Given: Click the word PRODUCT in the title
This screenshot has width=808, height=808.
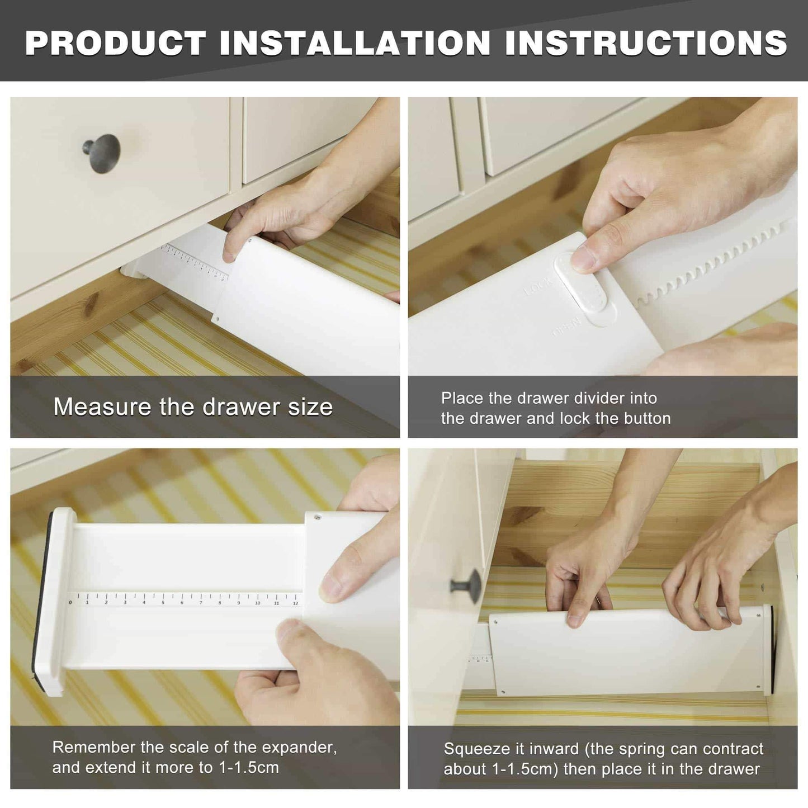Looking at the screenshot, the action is point(115,42).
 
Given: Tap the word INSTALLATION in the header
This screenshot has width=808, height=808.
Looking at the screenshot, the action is point(355,42).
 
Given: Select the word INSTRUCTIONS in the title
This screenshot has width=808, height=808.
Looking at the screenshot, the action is point(646,42).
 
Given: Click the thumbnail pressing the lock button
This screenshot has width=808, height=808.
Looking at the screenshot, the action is point(584,258).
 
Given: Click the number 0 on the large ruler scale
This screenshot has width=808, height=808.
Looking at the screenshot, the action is point(70,603).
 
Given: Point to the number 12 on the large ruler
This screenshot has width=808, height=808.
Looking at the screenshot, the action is point(296,603).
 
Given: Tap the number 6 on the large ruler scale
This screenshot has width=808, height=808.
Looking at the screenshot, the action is point(182,603).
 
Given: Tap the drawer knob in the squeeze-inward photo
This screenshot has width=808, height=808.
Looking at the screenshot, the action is point(466,586).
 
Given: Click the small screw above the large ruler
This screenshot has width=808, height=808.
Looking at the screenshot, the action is point(319,518).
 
